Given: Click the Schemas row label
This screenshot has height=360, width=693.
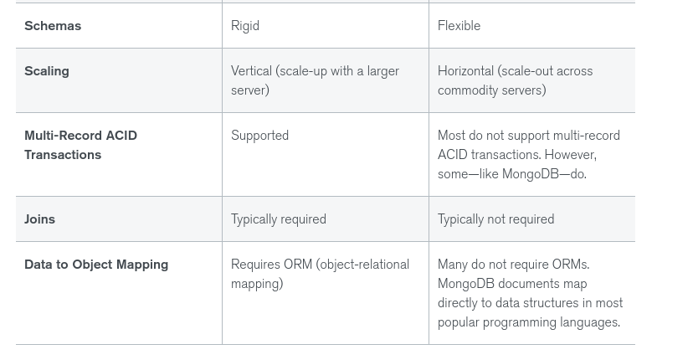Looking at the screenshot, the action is point(53,26).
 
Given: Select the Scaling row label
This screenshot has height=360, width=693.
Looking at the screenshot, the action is point(47,71).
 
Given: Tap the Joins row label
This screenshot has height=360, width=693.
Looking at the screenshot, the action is point(39,219).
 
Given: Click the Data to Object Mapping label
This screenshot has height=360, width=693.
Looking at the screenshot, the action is point(96,265).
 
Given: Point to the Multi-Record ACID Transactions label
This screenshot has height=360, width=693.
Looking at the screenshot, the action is point(80,145).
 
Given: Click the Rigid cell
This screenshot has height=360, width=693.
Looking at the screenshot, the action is point(245,26).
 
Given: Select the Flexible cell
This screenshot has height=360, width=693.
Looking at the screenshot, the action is point(459,26).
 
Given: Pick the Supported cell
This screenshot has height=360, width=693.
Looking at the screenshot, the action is point(259,136).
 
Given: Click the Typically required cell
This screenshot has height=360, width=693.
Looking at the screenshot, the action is point(279,219).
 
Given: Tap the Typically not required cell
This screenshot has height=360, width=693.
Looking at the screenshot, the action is point(495,219).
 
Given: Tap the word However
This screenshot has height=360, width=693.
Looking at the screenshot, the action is point(571,155).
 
